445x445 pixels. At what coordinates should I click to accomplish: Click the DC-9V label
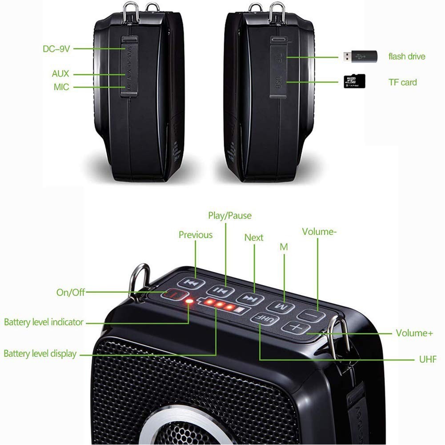coord(56,49)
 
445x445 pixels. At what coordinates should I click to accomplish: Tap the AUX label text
coord(60,74)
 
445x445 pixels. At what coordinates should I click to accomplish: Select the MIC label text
coord(61,87)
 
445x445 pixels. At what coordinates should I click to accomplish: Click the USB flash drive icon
coord(359,56)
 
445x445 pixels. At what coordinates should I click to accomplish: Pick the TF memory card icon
coord(354,81)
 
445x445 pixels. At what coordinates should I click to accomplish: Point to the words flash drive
coord(407,56)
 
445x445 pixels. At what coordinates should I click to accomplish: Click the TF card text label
coord(402,82)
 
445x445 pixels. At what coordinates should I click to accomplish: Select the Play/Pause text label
coord(230,216)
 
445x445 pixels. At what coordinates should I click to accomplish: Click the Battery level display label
coord(40,354)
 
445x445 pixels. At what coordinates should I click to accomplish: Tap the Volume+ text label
coord(414,333)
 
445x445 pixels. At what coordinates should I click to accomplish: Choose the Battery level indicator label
coord(44,322)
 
